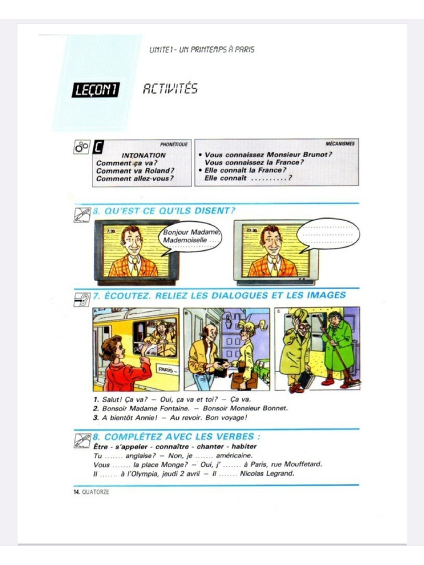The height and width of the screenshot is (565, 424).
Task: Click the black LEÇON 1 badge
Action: (x=95, y=90)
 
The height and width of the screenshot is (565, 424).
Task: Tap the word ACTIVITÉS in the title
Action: (x=170, y=89)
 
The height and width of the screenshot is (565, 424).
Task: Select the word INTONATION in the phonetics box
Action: (x=143, y=156)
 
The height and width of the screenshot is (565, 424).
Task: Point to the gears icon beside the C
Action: (x=81, y=147)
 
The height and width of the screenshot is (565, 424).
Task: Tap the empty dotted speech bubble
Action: (x=328, y=234)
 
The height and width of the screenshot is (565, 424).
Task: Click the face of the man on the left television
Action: (x=132, y=241)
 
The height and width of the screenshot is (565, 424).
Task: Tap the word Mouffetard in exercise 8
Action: (x=302, y=464)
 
